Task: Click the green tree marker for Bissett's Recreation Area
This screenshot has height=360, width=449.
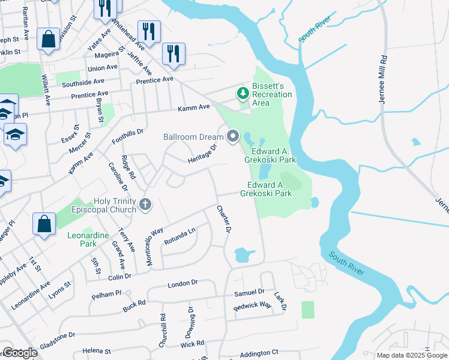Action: [243, 93]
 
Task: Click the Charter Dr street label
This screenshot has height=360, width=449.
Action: [224, 219]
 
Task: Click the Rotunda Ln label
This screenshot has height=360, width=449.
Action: [179, 237]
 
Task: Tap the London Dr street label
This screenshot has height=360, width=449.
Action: [182, 283]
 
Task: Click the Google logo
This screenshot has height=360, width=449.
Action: [20, 353]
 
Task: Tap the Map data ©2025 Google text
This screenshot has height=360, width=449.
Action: [412, 355]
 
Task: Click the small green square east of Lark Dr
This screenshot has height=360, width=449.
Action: [307, 310]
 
